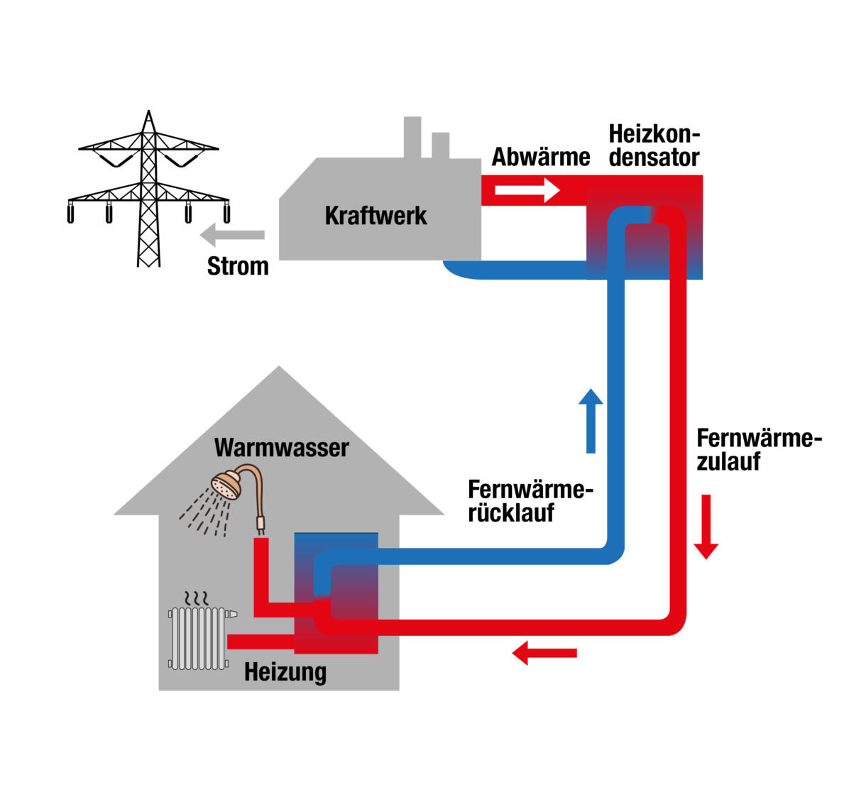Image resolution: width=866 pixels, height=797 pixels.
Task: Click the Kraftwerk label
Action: pos(376,216)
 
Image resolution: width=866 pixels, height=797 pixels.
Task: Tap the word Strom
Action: pos(238,266)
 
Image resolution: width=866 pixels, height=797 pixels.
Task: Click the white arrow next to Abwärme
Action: pos(527,190)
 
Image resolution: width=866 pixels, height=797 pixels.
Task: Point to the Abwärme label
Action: pos(541,157)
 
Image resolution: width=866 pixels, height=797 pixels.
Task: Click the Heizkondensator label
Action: pos(654,146)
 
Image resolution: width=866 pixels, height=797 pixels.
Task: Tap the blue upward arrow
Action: pos(591,420)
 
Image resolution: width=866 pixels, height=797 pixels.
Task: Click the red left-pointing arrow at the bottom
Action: pos(544,652)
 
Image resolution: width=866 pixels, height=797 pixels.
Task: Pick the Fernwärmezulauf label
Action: pos(758,449)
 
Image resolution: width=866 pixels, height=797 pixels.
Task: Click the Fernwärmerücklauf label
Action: pos(530,500)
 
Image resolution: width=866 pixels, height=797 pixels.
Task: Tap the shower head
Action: pos(226,487)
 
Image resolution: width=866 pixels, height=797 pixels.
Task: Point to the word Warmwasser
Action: pos(281,448)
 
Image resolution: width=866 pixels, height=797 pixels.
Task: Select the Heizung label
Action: pos(285,671)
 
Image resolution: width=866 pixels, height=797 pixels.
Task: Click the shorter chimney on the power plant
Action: pos(441,145)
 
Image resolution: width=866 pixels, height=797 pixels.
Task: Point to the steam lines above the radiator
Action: pos(197,596)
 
